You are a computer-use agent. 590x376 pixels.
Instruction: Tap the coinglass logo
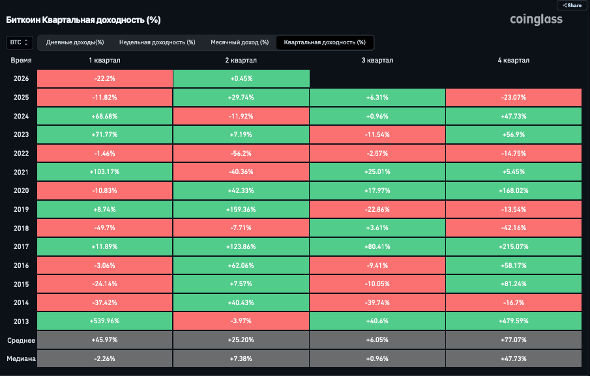click(x=536, y=20)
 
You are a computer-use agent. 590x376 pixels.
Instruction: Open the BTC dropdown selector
click(x=19, y=42)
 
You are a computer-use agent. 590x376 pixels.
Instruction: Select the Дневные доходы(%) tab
click(x=75, y=42)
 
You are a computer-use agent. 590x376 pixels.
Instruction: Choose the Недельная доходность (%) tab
click(x=157, y=42)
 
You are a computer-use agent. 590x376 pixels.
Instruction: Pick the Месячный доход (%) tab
click(x=239, y=42)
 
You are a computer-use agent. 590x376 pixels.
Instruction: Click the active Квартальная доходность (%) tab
click(x=325, y=42)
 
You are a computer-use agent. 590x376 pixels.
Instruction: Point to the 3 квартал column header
click(x=377, y=61)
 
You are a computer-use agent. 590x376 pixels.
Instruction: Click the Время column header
click(x=22, y=61)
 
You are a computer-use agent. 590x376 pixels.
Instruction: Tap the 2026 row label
click(x=21, y=78)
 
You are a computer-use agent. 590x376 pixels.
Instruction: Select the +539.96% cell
click(x=105, y=321)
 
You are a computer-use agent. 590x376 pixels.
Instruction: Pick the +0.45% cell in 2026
click(x=241, y=78)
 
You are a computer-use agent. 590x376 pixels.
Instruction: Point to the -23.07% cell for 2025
click(x=514, y=97)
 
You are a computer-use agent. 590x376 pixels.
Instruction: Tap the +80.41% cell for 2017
click(x=377, y=248)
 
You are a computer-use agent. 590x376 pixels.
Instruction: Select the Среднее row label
click(x=21, y=341)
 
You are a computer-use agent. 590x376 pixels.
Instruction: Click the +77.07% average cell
click(x=514, y=341)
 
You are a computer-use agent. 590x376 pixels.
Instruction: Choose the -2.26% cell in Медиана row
click(x=105, y=359)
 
